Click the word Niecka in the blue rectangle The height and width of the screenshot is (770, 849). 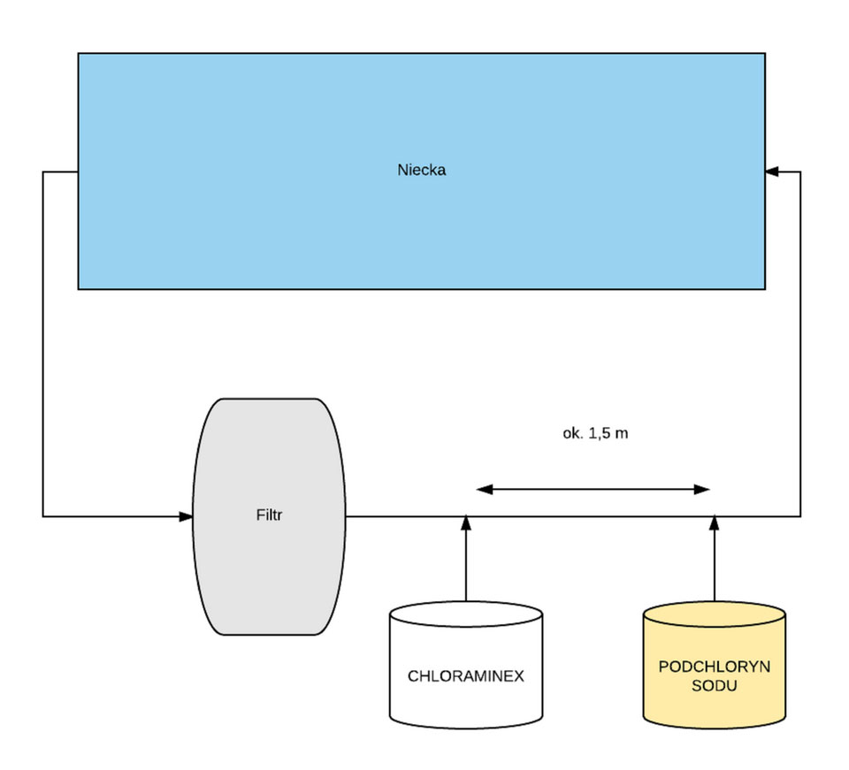click(x=421, y=170)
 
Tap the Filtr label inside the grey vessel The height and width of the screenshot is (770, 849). click(x=269, y=515)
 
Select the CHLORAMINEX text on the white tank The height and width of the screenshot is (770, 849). click(x=466, y=675)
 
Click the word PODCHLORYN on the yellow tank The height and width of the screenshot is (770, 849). click(x=715, y=666)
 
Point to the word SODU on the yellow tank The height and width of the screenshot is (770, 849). click(x=715, y=686)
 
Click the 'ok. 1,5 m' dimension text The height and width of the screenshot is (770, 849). click(x=595, y=433)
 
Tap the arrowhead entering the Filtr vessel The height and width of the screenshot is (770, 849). click(x=186, y=516)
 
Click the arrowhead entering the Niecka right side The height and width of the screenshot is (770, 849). click(x=771, y=172)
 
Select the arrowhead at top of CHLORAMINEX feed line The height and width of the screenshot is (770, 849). click(x=466, y=522)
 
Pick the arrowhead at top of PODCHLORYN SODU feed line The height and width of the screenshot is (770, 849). click(x=715, y=522)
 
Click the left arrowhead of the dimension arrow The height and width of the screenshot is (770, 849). click(x=485, y=489)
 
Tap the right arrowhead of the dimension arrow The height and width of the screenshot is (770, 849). click(x=701, y=489)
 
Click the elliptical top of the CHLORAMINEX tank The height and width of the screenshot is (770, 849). click(x=466, y=614)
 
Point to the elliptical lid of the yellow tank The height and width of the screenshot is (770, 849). click(x=715, y=614)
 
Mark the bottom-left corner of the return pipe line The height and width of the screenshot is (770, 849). click(x=42, y=516)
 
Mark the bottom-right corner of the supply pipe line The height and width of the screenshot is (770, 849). click(x=800, y=516)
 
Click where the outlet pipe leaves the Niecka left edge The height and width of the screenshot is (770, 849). click(x=78, y=172)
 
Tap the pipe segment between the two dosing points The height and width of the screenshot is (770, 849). click(x=590, y=516)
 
